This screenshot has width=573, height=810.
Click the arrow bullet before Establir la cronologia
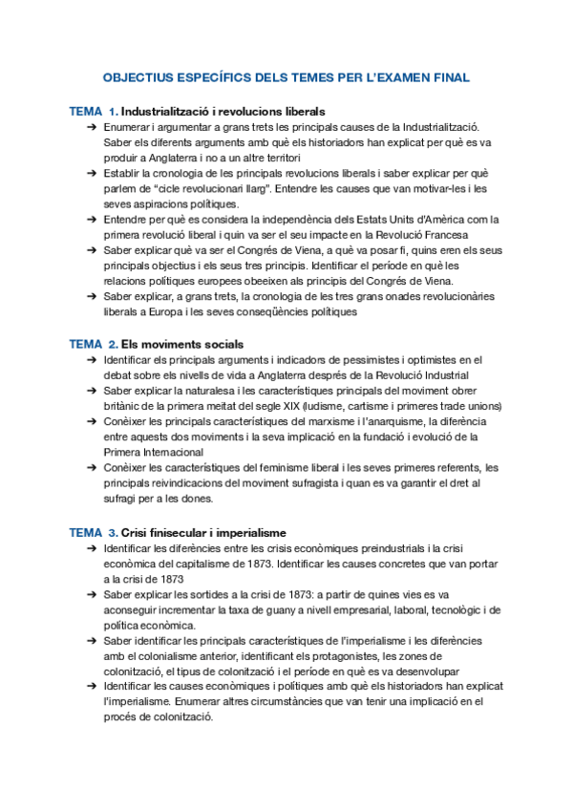[x=90, y=174]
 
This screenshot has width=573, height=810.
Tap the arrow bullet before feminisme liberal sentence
[x=90, y=468]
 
